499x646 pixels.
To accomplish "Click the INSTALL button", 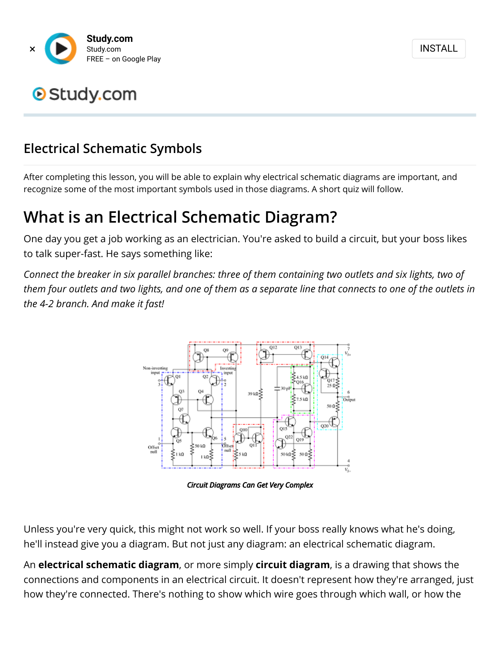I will click(x=438, y=49).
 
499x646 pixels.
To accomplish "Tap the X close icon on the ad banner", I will click(x=32, y=49).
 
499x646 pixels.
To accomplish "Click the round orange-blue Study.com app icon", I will click(x=61, y=49).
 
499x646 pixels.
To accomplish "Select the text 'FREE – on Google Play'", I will click(x=123, y=59).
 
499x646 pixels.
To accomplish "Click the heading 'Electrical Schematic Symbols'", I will click(x=113, y=149).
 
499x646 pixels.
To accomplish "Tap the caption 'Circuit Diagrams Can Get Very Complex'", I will click(x=250, y=485).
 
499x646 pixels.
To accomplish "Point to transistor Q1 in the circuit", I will click(x=169, y=380).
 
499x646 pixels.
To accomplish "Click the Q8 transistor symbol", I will click(x=198, y=357).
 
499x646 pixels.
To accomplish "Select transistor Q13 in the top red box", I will click(x=306, y=354).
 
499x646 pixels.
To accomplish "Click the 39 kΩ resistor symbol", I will click(x=261, y=394).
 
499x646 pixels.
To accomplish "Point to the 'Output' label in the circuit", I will click(x=349, y=400).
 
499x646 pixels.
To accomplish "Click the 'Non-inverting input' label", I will click(x=155, y=370).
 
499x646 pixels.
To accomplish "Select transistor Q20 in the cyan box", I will click(x=334, y=421).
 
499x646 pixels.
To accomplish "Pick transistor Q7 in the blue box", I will click(x=184, y=419).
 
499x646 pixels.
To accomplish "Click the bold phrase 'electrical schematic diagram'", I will click(x=108, y=565).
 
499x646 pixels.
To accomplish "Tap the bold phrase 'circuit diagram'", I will click(x=292, y=565).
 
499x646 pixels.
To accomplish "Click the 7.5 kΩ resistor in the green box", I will click(x=294, y=400).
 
